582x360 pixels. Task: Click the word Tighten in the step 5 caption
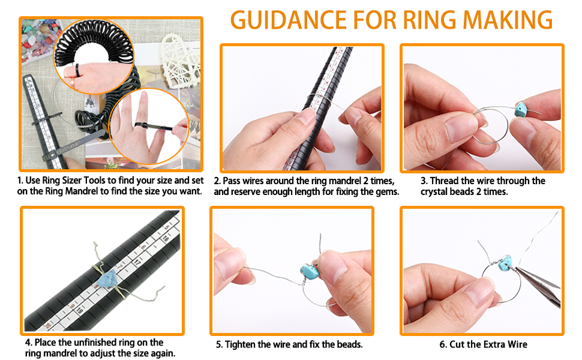(243, 344)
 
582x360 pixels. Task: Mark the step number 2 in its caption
(217, 181)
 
